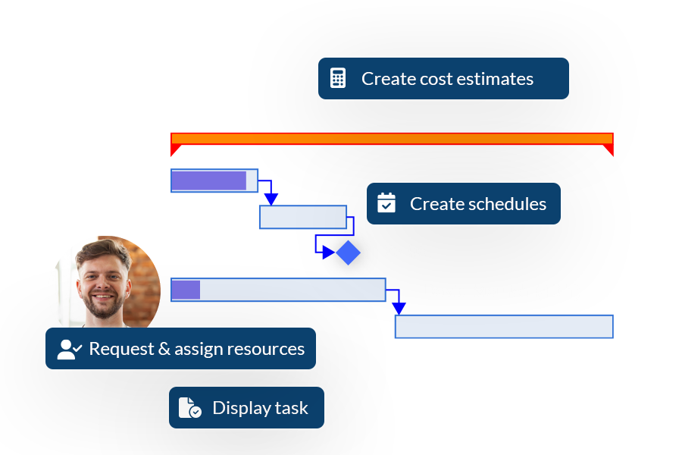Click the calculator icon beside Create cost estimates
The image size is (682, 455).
[338, 78]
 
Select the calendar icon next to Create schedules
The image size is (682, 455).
[386, 203]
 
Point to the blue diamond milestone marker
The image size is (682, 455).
[348, 253]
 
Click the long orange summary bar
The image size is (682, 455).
[392, 139]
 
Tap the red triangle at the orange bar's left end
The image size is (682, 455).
[174, 149]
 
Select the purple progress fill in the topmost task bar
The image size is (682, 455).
[209, 180]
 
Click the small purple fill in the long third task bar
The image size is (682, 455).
[186, 290]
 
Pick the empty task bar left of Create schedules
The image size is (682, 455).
[303, 217]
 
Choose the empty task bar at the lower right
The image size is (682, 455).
[504, 327]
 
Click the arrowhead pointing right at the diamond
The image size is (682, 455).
[328, 253]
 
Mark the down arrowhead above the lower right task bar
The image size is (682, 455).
[399, 309]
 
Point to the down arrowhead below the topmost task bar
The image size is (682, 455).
[271, 199]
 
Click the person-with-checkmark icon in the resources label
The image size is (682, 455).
[70, 349]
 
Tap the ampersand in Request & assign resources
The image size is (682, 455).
[164, 349]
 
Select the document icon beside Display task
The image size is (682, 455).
[190, 407]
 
